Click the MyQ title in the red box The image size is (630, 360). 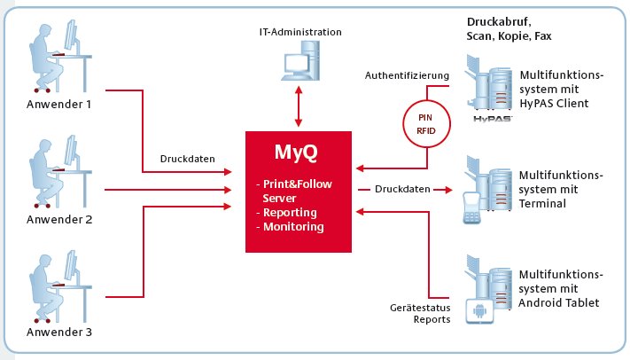tap(296, 153)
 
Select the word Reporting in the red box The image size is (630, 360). tap(290, 213)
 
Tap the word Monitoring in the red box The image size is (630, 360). tap(293, 226)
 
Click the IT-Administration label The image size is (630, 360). tap(300, 32)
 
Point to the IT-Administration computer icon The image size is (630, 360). tap(300, 60)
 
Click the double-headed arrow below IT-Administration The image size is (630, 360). tap(298, 106)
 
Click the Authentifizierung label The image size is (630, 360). tap(407, 75)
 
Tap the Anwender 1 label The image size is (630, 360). tap(59, 104)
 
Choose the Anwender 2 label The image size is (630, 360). tap(59, 219)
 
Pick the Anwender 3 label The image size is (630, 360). tap(59, 332)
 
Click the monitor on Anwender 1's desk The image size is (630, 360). tap(72, 37)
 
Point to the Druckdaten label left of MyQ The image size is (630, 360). tap(187, 159)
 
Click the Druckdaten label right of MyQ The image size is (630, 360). tap(402, 189)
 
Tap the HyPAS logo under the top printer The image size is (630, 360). tap(492, 119)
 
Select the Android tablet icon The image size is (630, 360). tap(479, 311)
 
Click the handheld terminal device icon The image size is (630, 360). tap(472, 207)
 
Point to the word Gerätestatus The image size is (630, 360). tap(420, 308)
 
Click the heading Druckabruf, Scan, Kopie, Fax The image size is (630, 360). tap(509, 29)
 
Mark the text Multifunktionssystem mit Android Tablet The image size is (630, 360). tap(561, 288)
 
